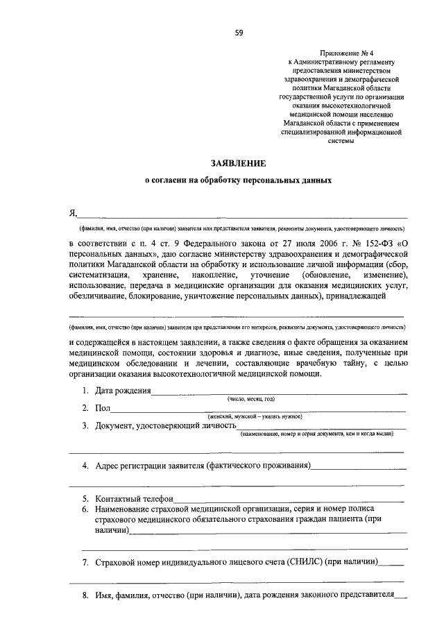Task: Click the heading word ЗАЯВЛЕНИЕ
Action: click(239, 163)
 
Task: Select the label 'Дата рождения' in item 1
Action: click(123, 391)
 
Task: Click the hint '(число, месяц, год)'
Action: click(251, 400)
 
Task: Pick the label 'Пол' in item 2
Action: click(102, 408)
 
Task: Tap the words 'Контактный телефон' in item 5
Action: click(135, 498)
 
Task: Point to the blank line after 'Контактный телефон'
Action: click(288, 500)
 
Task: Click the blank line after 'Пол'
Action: click(257, 410)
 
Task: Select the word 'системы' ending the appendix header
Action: click(338, 142)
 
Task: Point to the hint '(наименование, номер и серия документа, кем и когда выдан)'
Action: click(316, 434)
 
